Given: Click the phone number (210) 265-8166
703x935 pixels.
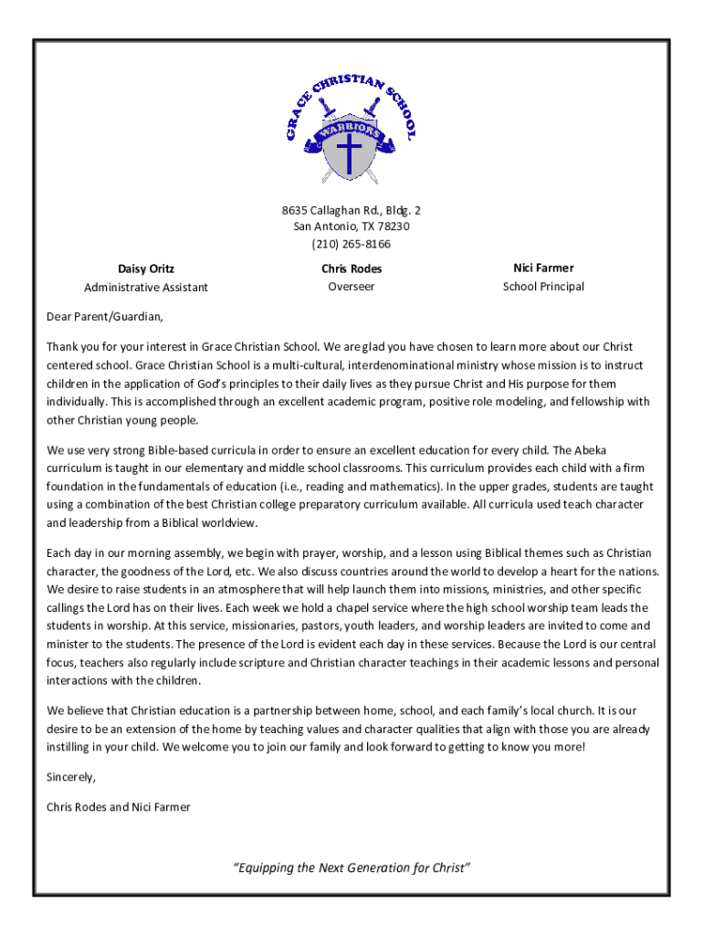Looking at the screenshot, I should (x=351, y=244).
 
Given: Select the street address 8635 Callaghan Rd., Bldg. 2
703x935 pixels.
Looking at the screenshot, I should (x=351, y=210).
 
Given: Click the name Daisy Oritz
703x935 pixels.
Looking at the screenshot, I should (x=146, y=269).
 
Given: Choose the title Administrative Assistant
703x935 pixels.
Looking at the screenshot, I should (x=146, y=288).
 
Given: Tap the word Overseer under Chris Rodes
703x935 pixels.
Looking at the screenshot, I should (x=351, y=287).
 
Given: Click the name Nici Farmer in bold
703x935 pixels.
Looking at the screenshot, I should (x=543, y=268).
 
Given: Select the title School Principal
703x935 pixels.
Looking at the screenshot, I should (x=543, y=287).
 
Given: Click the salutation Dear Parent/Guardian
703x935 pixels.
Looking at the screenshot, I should (x=105, y=318).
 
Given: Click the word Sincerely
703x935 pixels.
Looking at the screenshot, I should (x=70, y=777).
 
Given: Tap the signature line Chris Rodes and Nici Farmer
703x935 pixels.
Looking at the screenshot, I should (x=119, y=807).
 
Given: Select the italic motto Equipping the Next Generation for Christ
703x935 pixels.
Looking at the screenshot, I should (x=351, y=867).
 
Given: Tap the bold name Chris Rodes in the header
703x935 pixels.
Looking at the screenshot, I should (x=351, y=269).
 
